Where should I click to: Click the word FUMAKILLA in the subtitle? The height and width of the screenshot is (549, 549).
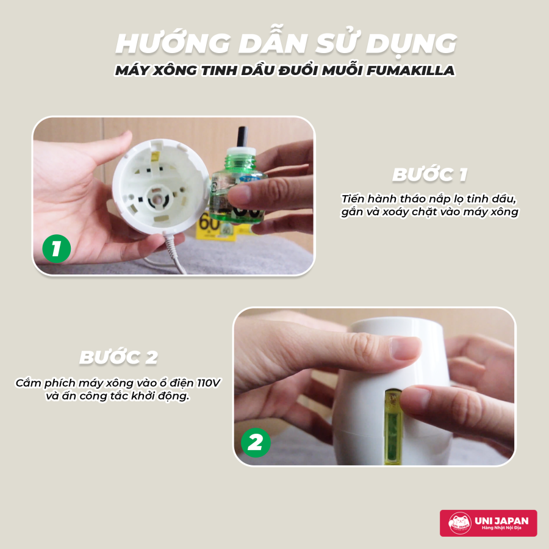pyautogui.click(x=411, y=70)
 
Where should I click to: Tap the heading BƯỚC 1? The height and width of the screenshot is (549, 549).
pyautogui.click(x=429, y=174)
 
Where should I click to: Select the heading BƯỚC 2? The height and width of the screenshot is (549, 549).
pyautogui.click(x=118, y=357)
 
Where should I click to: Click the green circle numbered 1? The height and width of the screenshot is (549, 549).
pyautogui.click(x=56, y=249)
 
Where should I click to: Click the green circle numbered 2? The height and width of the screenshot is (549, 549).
pyautogui.click(x=256, y=443)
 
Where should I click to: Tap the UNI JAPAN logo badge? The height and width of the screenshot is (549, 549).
pyautogui.click(x=488, y=523)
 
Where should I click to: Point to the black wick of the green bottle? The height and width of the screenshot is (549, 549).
pyautogui.click(x=242, y=137)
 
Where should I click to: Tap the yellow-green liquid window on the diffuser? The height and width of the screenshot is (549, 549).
pyautogui.click(x=392, y=426)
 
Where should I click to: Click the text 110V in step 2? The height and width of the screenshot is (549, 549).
pyautogui.click(x=208, y=382)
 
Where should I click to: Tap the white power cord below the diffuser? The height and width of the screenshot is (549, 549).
pyautogui.click(x=174, y=254)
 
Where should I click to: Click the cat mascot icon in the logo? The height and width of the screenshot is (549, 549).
pyautogui.click(x=460, y=523)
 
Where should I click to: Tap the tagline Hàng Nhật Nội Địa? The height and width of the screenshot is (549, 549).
pyautogui.click(x=501, y=528)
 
